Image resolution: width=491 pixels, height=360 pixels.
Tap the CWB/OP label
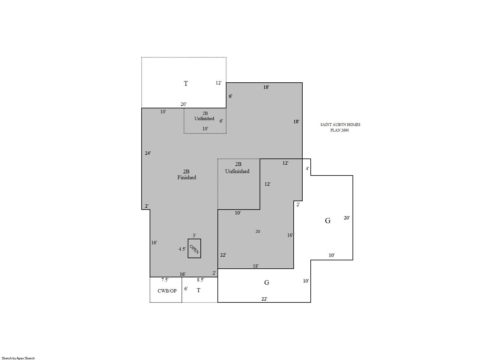pos(167,291)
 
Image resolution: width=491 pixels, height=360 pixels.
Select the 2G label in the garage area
pos(258,231)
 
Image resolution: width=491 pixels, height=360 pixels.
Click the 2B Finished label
pos(186,174)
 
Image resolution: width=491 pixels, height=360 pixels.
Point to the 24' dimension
pos(148,153)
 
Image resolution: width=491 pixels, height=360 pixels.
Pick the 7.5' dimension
pos(165,280)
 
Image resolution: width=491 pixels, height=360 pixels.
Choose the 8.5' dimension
pos(200,280)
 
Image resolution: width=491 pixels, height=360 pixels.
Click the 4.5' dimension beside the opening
pos(182,249)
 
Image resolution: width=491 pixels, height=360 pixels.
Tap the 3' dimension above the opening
pos(194,235)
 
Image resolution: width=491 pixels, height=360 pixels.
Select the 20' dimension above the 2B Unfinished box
pos(183,104)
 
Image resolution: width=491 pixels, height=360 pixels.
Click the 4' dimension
pos(307,168)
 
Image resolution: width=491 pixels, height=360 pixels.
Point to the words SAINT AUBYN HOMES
pos(340,125)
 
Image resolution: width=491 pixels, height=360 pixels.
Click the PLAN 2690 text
pos(340,130)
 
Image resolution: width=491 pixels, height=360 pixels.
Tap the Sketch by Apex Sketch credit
pos(18,358)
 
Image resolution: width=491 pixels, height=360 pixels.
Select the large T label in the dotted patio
pos(186,84)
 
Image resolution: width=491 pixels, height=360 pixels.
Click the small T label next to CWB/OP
pos(198,290)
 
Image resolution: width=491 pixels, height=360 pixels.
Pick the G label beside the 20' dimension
pos(328,220)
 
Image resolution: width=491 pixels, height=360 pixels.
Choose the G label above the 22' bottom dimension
pos(266,283)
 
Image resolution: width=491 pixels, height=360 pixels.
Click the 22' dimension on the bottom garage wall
pos(264,299)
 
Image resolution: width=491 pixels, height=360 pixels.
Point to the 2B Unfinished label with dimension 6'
pos(204,116)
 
